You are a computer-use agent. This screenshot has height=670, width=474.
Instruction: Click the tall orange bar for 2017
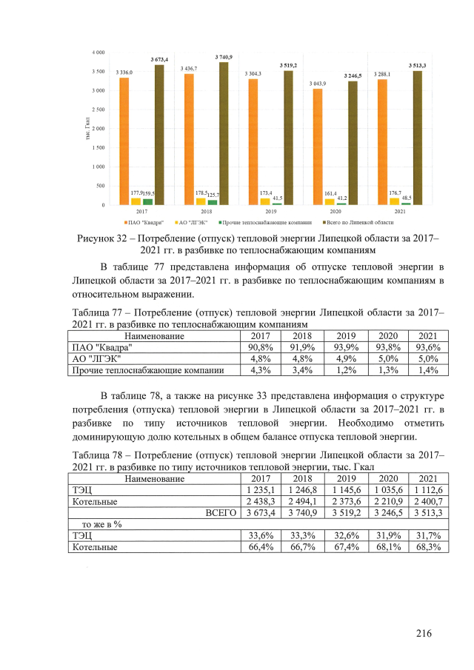(124, 141)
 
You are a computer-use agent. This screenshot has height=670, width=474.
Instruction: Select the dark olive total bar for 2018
(223, 133)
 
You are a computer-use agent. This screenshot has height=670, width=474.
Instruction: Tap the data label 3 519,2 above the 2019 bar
(288, 65)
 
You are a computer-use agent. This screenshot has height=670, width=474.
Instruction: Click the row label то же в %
(96, 523)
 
